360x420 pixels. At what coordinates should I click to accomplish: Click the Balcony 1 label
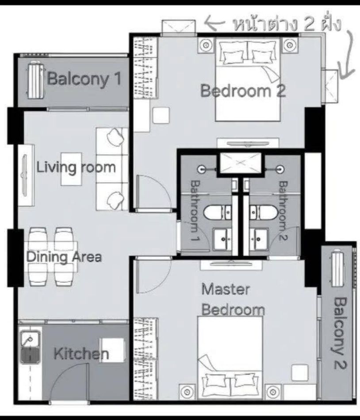coord(84,79)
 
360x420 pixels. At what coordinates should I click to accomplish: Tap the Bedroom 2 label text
coord(243,91)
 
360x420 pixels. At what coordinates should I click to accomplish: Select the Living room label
coord(76,168)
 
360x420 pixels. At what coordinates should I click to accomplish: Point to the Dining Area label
coord(64,257)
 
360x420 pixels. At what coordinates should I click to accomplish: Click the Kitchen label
coord(81,354)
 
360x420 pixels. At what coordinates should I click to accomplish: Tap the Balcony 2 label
coord(340,333)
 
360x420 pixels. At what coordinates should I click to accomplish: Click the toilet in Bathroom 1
coord(218,212)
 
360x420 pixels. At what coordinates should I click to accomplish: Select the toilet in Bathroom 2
coord(263,212)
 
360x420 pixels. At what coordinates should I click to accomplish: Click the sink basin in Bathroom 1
coord(222,239)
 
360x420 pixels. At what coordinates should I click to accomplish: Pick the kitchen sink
coord(30,347)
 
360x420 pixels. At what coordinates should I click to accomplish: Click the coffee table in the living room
coord(71,169)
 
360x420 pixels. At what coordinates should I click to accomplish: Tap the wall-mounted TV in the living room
coord(25,175)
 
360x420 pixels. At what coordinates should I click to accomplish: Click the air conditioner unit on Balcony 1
coord(35,80)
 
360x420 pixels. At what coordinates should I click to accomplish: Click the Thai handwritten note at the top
coord(287,24)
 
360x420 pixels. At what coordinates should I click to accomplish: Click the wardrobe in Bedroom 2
coord(145,68)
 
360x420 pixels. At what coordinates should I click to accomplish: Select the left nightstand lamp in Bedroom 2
coord(207,45)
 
